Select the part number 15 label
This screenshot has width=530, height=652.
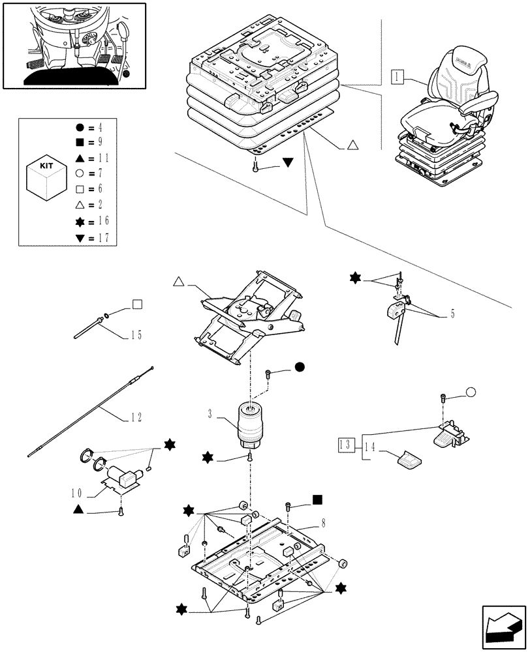point(135,336)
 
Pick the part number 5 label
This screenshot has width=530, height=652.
point(452,314)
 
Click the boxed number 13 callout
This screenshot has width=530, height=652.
point(347,446)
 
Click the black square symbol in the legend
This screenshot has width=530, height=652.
point(79,141)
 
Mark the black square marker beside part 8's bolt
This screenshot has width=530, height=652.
point(317,500)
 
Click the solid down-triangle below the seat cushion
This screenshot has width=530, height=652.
point(288,162)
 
